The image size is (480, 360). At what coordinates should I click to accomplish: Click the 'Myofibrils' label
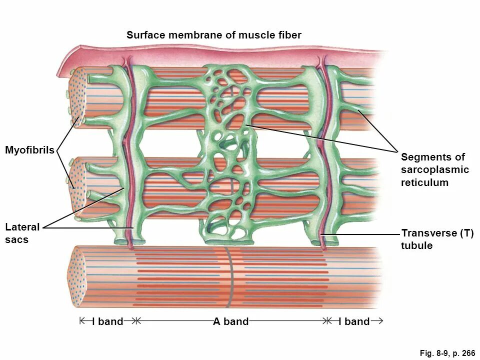tap(29, 150)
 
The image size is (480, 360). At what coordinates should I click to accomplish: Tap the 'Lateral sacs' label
tap(22, 233)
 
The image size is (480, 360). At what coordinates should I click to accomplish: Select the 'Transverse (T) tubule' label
tap(437, 239)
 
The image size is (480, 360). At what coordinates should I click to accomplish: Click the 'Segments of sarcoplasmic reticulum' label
tap(434, 169)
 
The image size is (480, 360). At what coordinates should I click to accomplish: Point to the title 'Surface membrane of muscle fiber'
tap(213, 35)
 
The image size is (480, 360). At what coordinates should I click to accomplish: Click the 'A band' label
tap(230, 321)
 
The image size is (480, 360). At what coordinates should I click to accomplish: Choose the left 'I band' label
tap(107, 321)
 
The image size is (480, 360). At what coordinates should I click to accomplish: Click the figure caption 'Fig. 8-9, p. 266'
tap(447, 353)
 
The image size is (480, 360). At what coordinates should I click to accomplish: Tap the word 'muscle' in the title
tap(256, 35)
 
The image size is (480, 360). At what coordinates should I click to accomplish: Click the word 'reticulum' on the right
tap(424, 182)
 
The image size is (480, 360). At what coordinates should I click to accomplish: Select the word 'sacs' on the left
tap(16, 239)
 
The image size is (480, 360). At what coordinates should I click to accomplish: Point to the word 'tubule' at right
tap(416, 245)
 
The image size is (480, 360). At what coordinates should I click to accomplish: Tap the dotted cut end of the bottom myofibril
tap(76, 278)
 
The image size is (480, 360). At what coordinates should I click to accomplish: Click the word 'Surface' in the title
tap(145, 35)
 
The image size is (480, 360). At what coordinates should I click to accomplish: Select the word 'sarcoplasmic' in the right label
tap(434, 169)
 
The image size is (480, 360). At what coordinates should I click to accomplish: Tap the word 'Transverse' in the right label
tap(428, 233)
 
